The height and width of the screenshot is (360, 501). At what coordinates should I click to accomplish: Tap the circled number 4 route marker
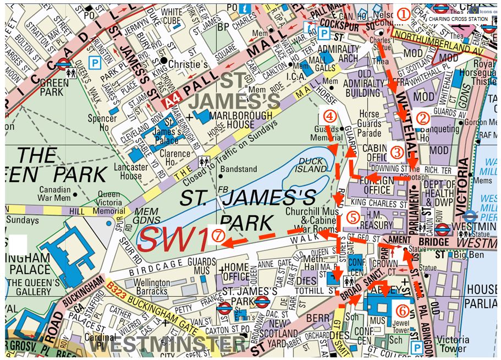(328, 116)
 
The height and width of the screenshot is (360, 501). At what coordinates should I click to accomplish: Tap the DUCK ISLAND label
(311, 165)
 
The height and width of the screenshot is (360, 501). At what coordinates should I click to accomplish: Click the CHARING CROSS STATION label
(458, 19)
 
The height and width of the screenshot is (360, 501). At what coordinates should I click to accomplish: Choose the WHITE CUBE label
(172, 17)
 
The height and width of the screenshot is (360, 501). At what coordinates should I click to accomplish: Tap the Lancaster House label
(131, 171)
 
